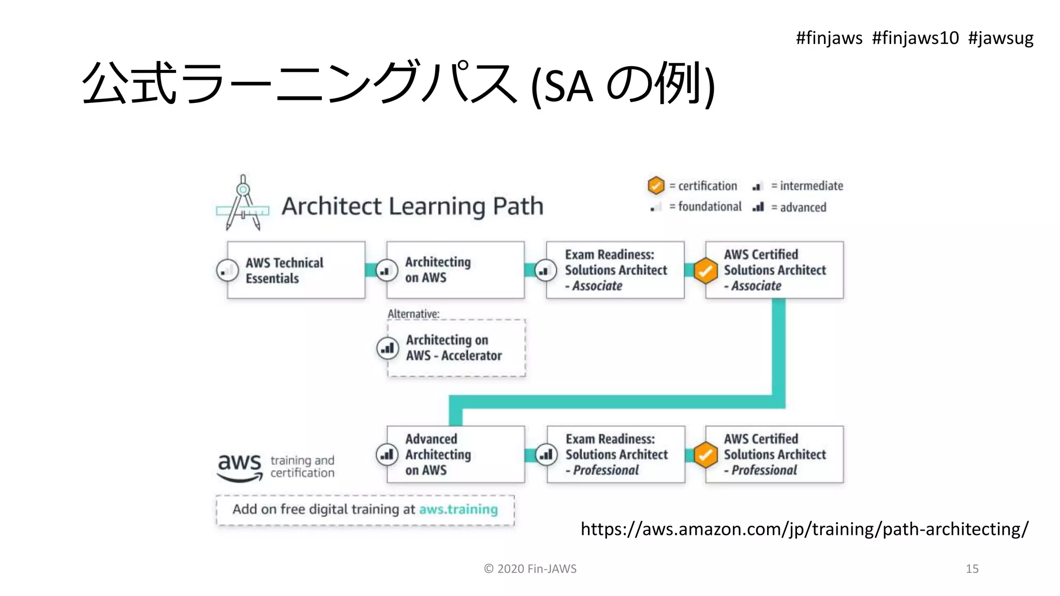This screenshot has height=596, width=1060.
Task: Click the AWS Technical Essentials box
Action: [x=296, y=270]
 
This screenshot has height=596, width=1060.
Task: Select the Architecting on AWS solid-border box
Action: [x=455, y=270]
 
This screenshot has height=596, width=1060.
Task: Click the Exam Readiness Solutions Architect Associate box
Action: [x=615, y=270]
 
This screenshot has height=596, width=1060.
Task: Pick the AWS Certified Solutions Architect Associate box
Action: [x=775, y=270]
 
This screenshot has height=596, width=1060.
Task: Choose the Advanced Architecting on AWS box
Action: [x=455, y=454]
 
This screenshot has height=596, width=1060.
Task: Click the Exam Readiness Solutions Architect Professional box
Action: [x=616, y=454]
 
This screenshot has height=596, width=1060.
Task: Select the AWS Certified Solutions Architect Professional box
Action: [x=775, y=454]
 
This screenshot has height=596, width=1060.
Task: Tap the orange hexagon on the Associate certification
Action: [x=705, y=271]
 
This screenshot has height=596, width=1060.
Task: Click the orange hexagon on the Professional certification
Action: [x=705, y=455]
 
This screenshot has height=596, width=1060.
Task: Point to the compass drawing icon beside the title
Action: [x=243, y=204]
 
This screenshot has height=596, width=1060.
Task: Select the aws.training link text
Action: [x=458, y=510]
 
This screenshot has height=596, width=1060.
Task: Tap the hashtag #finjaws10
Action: [x=915, y=38]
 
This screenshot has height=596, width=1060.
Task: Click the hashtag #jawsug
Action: [x=1000, y=38]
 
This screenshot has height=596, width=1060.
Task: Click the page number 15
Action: [x=972, y=569]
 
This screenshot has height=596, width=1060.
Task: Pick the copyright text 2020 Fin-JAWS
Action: [x=530, y=569]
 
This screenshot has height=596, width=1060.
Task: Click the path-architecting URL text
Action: [x=804, y=529]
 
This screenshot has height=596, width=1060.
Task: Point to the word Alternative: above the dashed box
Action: [x=413, y=314]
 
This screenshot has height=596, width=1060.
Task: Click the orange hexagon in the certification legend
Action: [x=656, y=185]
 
